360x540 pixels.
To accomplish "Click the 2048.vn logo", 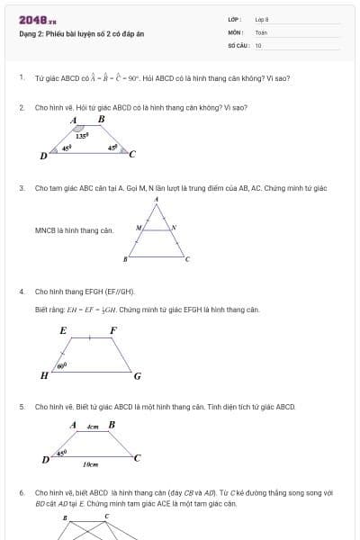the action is (x=38, y=20).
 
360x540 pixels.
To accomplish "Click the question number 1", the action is (x=21, y=78).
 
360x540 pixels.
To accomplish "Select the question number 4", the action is (x=21, y=292).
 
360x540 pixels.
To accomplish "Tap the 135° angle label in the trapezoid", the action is (x=81, y=136).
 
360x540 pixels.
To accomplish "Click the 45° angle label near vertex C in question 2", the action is (x=112, y=147).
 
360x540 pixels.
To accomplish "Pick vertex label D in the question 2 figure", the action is (x=43, y=156).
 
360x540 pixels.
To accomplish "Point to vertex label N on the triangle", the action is (x=174, y=228).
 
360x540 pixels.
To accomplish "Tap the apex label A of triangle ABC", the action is (x=157, y=199).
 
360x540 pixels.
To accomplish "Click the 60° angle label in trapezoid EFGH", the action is (x=61, y=366).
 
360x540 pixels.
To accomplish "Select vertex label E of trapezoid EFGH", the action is (x=63, y=330).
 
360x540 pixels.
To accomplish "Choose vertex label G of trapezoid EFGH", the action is (x=137, y=375).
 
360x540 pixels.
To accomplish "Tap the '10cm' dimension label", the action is (x=90, y=464).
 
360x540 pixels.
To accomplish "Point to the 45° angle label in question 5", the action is (x=62, y=453).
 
